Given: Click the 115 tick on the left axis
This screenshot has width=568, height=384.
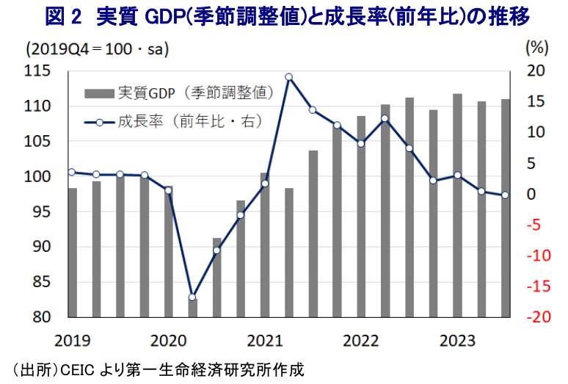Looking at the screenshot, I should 37,71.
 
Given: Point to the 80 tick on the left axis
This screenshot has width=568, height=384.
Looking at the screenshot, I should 41,317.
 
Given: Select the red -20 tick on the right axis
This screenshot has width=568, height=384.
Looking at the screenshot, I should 536,317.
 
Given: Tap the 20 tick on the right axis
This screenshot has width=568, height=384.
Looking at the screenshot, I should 536,71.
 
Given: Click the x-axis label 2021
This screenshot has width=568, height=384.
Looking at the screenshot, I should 264,340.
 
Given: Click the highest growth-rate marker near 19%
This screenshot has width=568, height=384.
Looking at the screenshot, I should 288,76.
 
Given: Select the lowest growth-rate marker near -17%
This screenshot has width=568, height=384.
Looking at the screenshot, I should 192,297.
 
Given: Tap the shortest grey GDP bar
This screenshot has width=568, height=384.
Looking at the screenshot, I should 192,308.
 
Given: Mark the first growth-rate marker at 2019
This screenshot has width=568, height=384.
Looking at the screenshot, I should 72,172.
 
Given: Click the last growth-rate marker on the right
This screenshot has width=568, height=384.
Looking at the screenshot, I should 505,195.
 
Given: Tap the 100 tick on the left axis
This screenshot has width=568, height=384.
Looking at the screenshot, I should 37,177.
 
